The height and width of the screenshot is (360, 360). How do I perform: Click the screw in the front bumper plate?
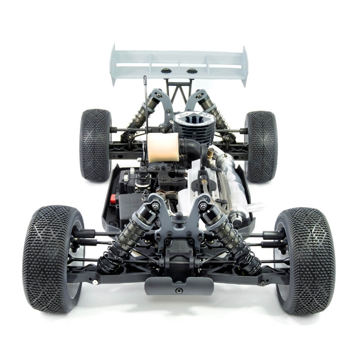(x=179, y=290)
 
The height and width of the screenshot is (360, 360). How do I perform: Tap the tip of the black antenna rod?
(x=145, y=77)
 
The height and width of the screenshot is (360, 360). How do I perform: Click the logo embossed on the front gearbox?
(x=179, y=248)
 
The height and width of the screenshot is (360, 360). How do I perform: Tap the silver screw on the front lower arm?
(x=95, y=282)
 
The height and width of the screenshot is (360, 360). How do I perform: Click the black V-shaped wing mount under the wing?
(x=179, y=90)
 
